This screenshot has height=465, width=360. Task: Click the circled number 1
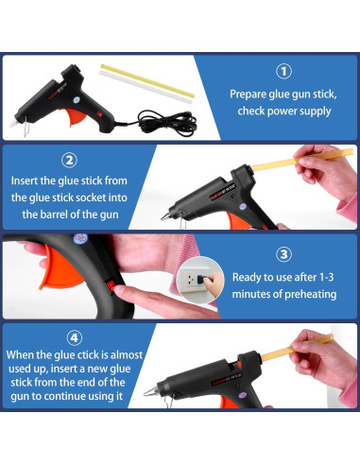coord(283,72)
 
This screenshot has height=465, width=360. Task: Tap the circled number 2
coord(69,161)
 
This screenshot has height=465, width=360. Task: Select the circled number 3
coord(283,254)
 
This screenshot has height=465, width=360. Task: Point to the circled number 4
coord(75,338)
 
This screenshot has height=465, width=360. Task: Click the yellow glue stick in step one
coord(147,81)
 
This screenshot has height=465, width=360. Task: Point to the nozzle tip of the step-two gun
coord(162,217)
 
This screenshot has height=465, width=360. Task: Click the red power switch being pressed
coord(111,286)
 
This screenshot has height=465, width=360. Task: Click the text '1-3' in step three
coord(326,277)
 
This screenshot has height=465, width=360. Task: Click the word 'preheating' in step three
coord(311,294)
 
